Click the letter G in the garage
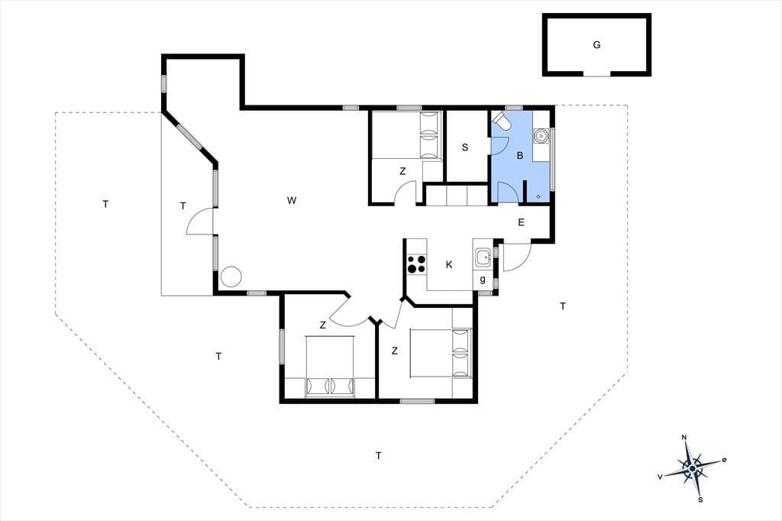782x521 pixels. click(596, 45)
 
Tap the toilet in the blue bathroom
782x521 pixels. click(501, 120)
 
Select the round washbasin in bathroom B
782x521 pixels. click(540, 135)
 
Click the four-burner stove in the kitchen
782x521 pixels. click(416, 264)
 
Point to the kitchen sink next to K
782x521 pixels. click(483, 258)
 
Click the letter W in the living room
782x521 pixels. click(292, 201)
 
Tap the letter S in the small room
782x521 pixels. click(465, 147)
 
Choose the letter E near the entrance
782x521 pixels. click(521, 222)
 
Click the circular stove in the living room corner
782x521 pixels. click(231, 277)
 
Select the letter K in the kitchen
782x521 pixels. click(449, 264)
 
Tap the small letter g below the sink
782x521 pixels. click(483, 280)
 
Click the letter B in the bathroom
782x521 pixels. click(519, 156)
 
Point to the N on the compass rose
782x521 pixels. click(684, 438)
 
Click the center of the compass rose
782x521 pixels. click(692, 468)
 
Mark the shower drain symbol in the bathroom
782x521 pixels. click(538, 196)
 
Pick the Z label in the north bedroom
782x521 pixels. click(402, 171)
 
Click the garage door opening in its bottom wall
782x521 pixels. click(597, 74)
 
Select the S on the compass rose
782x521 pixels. click(700, 500)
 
